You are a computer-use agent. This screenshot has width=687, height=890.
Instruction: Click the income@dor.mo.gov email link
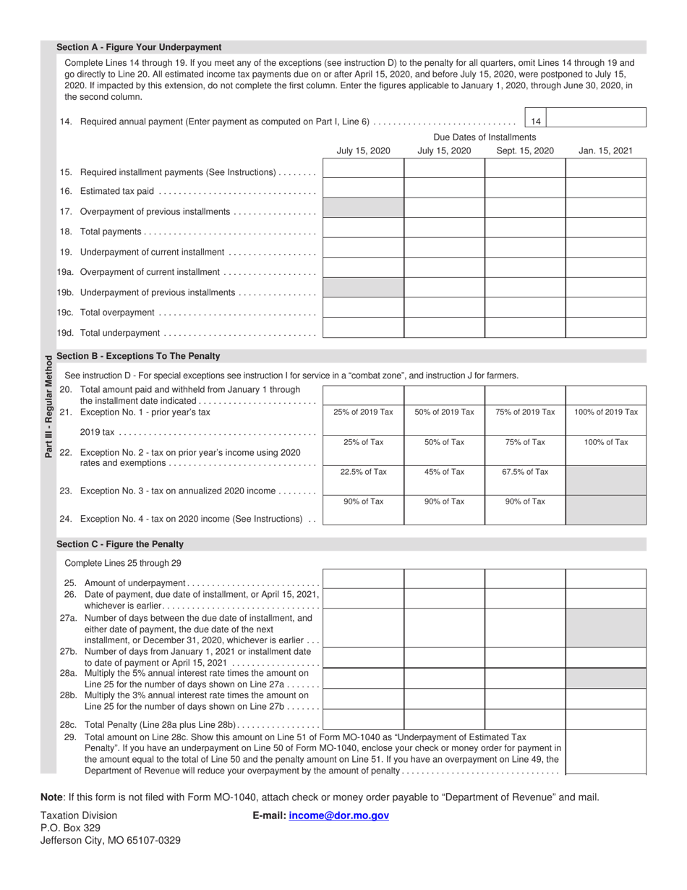tap(338, 815)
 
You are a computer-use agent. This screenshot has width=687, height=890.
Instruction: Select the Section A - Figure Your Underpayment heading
tap(139, 47)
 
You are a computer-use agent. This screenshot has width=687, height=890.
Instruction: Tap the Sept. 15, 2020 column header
tap(525, 151)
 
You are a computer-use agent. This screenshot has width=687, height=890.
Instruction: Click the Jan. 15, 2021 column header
tap(605, 151)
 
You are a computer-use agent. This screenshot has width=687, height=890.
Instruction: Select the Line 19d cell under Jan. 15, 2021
tap(605, 329)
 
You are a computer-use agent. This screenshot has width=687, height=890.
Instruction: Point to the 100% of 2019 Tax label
tap(606, 412)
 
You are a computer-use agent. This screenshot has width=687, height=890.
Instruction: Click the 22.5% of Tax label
tap(364, 472)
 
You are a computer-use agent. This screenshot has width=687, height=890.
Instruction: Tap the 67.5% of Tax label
tap(525, 472)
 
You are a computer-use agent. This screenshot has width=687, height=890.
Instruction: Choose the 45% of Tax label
tap(445, 472)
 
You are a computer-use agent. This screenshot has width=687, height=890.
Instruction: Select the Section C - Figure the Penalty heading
tap(120, 544)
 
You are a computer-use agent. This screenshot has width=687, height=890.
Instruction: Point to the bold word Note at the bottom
tap(51, 797)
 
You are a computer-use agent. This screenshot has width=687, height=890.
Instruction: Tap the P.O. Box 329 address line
tap(70, 828)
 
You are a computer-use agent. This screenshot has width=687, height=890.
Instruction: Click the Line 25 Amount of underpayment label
tap(135, 583)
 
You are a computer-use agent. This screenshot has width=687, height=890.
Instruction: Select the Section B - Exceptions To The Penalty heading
tap(138, 356)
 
